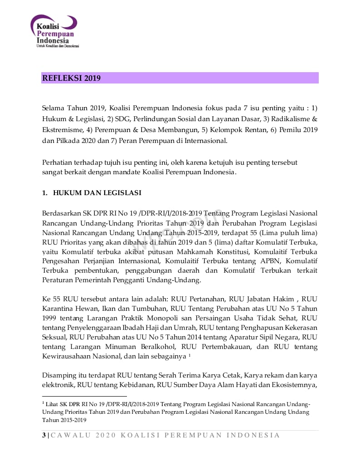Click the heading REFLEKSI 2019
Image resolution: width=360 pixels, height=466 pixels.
coord(71,78)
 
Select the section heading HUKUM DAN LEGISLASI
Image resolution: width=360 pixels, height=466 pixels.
coord(97,193)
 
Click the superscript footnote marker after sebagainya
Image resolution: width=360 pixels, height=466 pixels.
coord(189,355)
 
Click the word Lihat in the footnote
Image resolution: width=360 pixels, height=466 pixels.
coord(52,404)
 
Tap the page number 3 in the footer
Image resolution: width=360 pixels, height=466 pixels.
coord(44,435)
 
